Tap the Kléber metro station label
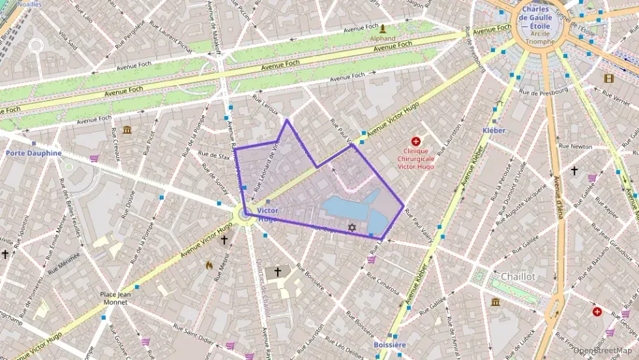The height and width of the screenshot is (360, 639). [494, 129]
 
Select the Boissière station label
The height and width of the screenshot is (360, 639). [390, 345]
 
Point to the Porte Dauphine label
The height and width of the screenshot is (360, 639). [33, 153]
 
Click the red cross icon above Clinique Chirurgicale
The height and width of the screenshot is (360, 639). [416, 140]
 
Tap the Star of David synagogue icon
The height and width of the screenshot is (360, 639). [352, 227]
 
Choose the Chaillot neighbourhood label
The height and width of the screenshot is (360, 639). [517, 276]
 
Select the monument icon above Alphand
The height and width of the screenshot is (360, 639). [383, 29]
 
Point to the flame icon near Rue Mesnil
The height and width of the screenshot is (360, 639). [208, 265]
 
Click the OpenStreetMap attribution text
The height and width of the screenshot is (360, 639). [602, 350]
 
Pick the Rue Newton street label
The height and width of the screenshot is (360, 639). [575, 146]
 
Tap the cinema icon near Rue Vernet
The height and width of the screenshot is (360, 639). [608, 78]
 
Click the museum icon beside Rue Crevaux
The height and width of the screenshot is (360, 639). [127, 130]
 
